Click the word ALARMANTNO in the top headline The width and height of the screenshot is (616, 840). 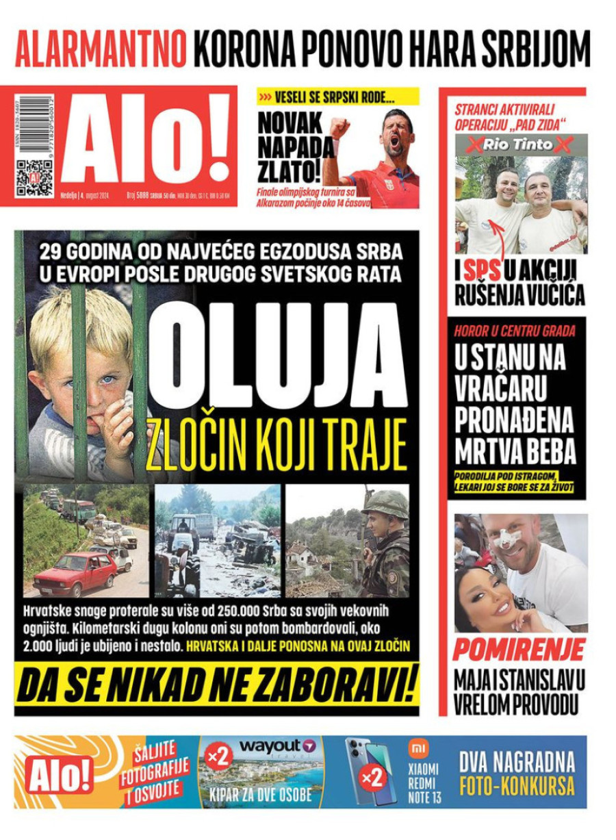pos(101,47)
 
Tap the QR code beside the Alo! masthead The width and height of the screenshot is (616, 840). pos(34,177)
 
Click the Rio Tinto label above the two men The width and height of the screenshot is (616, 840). pos(521,144)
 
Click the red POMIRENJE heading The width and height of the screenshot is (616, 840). pos(519,649)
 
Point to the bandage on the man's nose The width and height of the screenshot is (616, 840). pos(506,541)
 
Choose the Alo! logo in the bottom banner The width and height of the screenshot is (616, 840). pos(59,775)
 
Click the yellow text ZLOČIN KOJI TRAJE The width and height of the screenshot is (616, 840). pos(277,446)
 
